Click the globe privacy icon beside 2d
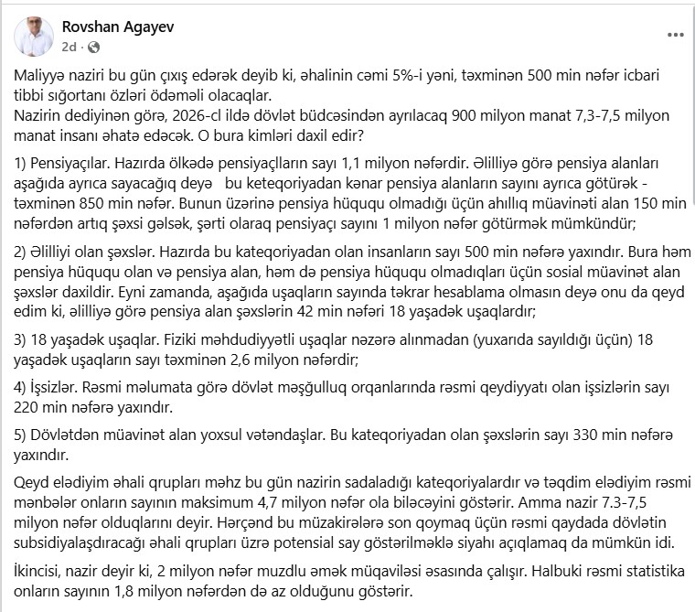click(x=93, y=47)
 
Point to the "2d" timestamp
click(x=70, y=47)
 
